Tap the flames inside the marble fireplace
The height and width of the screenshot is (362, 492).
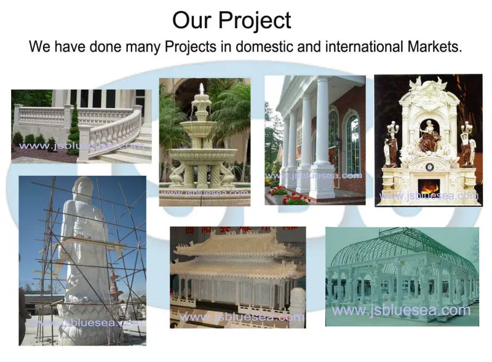click(x=429, y=186)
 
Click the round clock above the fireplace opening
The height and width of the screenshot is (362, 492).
click(x=429, y=167)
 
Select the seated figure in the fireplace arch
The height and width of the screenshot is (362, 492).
click(x=429, y=138)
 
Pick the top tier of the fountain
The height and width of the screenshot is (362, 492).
click(x=200, y=98)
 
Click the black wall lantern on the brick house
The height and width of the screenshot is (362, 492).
click(x=337, y=144)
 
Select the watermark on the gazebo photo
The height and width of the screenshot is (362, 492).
click(x=401, y=310)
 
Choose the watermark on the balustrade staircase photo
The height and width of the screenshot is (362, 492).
click(x=80, y=146)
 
